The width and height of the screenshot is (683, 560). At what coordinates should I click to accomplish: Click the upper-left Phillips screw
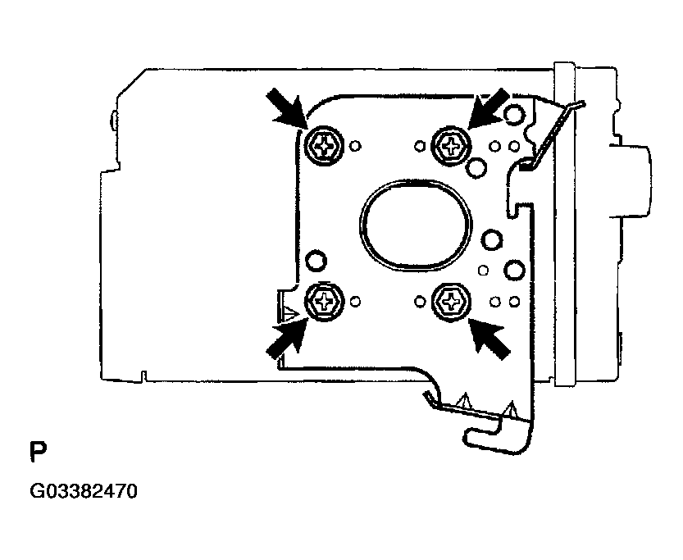[324, 146]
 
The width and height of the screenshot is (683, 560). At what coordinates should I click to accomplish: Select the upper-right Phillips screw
[451, 145]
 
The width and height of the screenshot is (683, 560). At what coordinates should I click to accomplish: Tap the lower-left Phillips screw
[324, 302]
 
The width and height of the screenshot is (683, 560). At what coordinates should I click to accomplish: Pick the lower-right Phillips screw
[451, 302]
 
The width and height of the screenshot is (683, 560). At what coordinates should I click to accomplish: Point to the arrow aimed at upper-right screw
[487, 108]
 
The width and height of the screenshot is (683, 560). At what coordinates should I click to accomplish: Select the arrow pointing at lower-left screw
[287, 339]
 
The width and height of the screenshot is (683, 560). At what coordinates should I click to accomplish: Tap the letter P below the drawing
[38, 453]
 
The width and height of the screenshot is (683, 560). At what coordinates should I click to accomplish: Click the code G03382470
[84, 492]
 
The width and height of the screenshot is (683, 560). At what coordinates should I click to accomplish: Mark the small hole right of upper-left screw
[356, 145]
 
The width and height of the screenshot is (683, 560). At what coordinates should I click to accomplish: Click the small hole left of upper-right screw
[420, 146]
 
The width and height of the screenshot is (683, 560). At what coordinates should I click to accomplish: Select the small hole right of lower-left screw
[356, 302]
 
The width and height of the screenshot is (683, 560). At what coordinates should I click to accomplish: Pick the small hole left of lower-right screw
[420, 302]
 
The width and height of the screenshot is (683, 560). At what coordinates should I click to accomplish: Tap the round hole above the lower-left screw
[316, 261]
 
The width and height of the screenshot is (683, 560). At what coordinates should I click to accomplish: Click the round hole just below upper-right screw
[476, 167]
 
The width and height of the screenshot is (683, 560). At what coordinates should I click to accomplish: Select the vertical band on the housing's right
[564, 225]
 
